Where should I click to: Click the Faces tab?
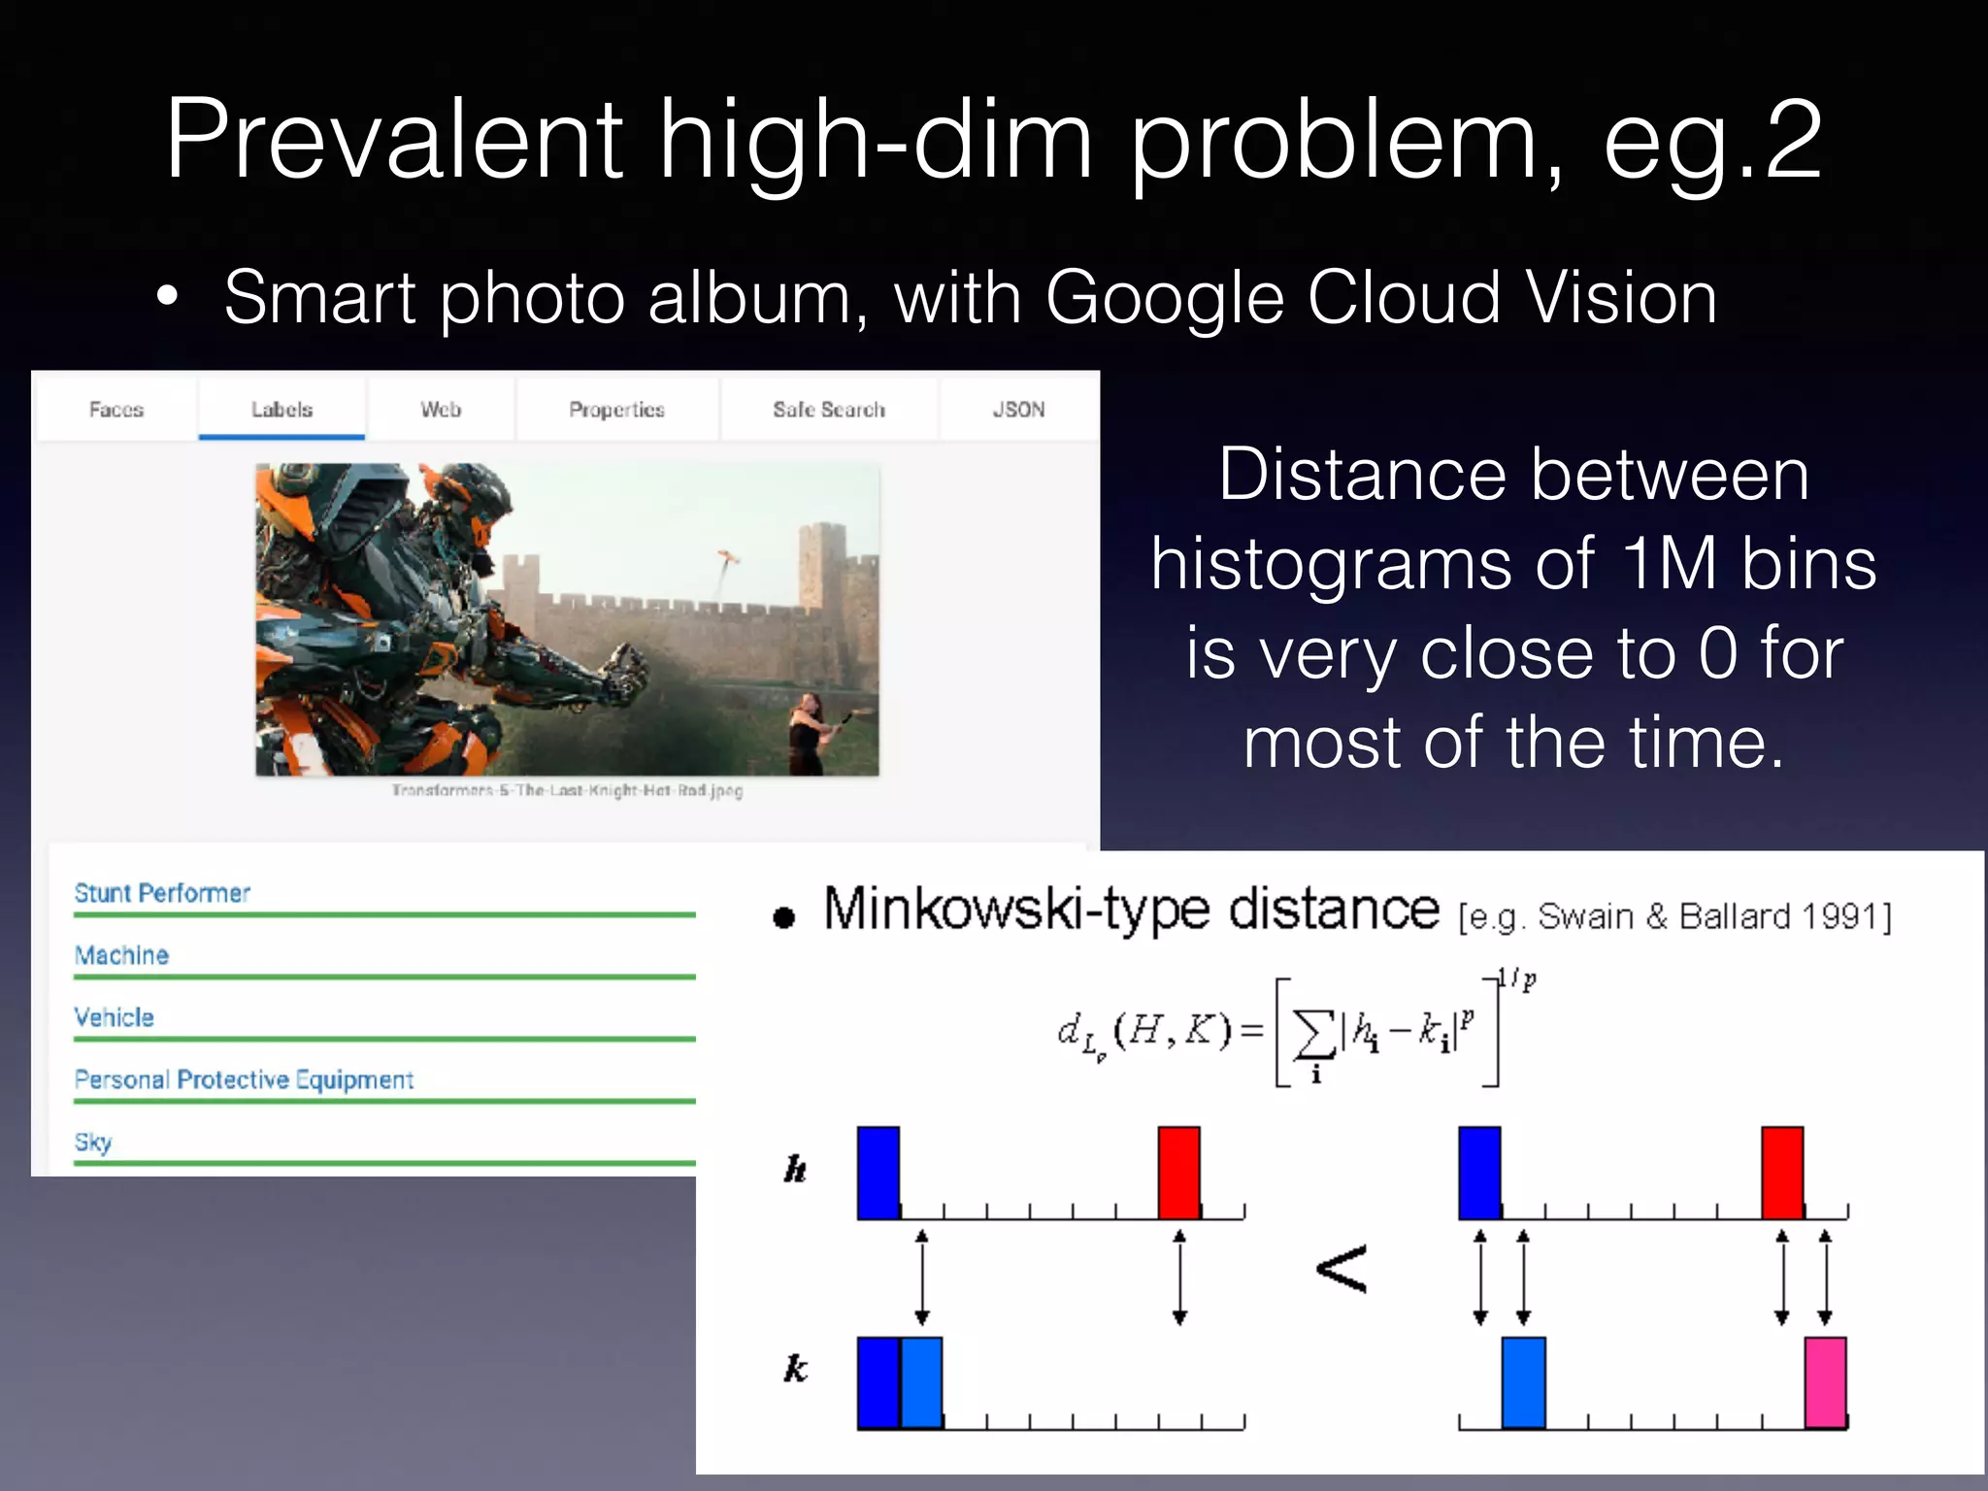[x=116, y=410]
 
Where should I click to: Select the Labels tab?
[x=282, y=410]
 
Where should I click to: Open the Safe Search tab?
[x=829, y=410]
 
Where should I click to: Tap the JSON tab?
[x=1018, y=410]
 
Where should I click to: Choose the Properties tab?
[x=616, y=410]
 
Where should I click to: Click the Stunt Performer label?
[x=162, y=893]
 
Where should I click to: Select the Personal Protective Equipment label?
[x=244, y=1079]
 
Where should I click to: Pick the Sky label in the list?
[x=93, y=1142]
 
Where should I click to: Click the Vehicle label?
[x=115, y=1017]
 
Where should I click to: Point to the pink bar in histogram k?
[x=1825, y=1382]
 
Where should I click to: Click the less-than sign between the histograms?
[x=1342, y=1270]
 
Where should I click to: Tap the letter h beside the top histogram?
[x=795, y=1170]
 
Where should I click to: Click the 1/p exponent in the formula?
[x=1517, y=979]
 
